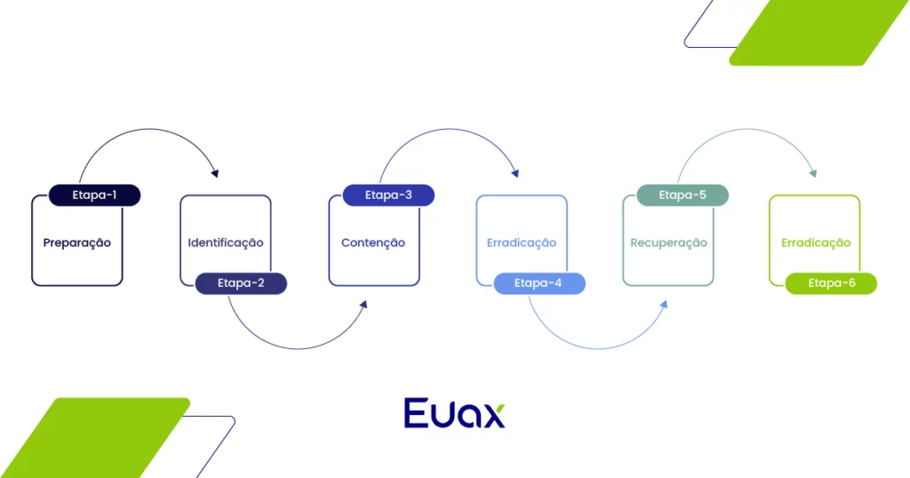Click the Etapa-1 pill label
click(94, 195)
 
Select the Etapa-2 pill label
click(241, 283)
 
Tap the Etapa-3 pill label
click(388, 195)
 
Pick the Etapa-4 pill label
click(538, 283)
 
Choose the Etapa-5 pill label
click(682, 195)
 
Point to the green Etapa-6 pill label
click(831, 283)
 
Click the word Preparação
click(77, 243)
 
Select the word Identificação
click(226, 243)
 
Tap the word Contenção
click(373, 243)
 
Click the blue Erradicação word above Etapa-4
click(522, 243)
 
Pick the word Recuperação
click(668, 243)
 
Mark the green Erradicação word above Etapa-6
click(816, 243)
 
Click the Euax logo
click(454, 413)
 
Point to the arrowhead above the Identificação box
click(213, 171)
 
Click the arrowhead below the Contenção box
click(363, 305)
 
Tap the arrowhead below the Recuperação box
click(663, 305)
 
